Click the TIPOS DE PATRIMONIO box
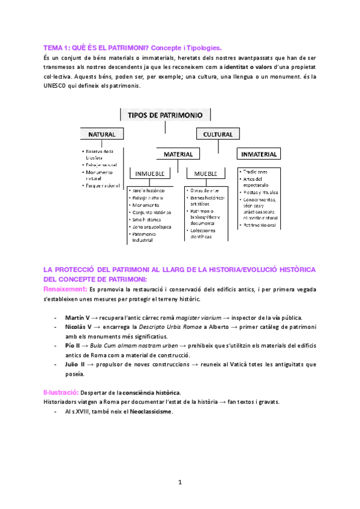point(165,115)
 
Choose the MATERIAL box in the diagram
point(178,154)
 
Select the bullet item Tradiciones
point(257,171)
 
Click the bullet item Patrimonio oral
point(260,225)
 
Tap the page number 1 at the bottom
point(179,483)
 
